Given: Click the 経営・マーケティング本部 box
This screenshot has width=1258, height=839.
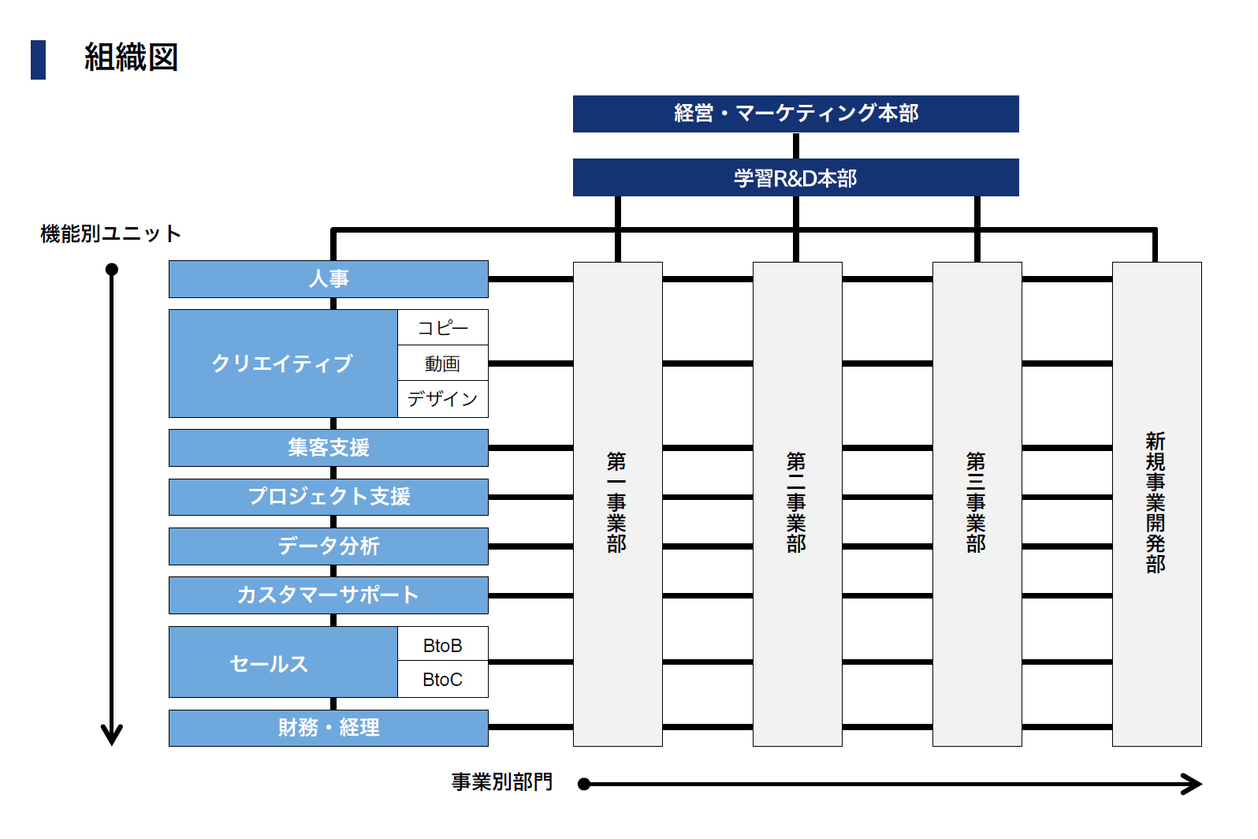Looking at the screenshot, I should tap(795, 114).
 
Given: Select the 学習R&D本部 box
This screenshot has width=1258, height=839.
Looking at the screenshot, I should tap(795, 177).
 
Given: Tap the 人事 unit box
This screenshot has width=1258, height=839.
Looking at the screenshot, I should tap(328, 279).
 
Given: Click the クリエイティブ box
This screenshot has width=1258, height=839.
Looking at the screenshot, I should tap(282, 364).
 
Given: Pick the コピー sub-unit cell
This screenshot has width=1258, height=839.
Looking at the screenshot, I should tap(442, 327).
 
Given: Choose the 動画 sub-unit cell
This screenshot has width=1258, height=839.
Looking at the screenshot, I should tap(442, 364).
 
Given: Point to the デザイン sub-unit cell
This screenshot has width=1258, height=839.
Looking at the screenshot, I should tap(442, 399).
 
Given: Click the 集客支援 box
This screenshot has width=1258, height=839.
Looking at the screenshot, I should tap(328, 448).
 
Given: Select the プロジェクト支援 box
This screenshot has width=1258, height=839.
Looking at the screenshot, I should tap(328, 497).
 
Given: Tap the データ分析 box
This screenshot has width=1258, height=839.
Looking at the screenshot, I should tap(328, 546).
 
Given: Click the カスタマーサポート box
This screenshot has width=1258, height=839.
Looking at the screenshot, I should tap(328, 595).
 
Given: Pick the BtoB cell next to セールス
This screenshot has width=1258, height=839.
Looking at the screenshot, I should tap(442, 645).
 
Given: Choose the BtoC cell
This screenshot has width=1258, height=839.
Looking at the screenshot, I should tap(442, 680).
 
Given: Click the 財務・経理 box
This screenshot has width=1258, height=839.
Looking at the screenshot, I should tap(328, 728).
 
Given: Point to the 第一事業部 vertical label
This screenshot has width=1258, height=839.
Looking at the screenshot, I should tap(617, 502).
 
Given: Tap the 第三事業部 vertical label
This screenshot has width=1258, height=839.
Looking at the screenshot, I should tap(977, 502).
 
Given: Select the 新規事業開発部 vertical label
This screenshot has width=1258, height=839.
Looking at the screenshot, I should tap(1156, 502).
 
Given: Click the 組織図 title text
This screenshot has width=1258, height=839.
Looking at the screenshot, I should tap(131, 58).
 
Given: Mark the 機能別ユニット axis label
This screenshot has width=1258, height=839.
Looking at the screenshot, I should tap(111, 233).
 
